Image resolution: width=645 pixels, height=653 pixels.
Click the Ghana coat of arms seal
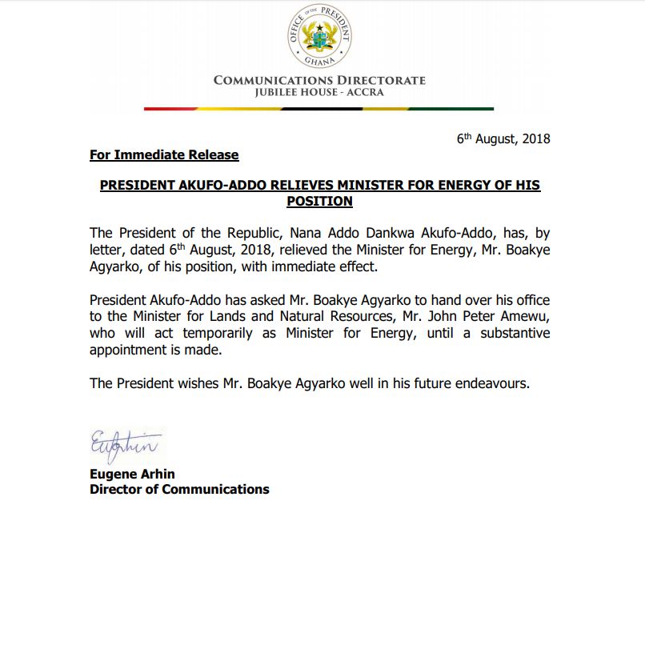[x=319, y=37]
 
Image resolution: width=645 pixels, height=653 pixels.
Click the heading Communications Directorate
[x=319, y=80]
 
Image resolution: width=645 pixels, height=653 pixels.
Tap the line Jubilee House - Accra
[x=319, y=92]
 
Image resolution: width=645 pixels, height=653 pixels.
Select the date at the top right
[x=503, y=138]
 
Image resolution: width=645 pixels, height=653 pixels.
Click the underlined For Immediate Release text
[x=164, y=154]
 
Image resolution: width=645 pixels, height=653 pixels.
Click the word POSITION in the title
[x=319, y=201]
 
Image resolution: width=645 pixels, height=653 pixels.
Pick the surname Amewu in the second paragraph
[x=524, y=316]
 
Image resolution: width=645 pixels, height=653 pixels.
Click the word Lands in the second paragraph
[x=224, y=316]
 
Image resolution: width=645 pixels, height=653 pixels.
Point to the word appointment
[x=128, y=350]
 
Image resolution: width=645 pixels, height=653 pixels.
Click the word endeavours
[x=493, y=383]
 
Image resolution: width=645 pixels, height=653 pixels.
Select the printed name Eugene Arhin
[x=132, y=474]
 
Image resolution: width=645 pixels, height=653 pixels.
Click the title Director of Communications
[x=179, y=489]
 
